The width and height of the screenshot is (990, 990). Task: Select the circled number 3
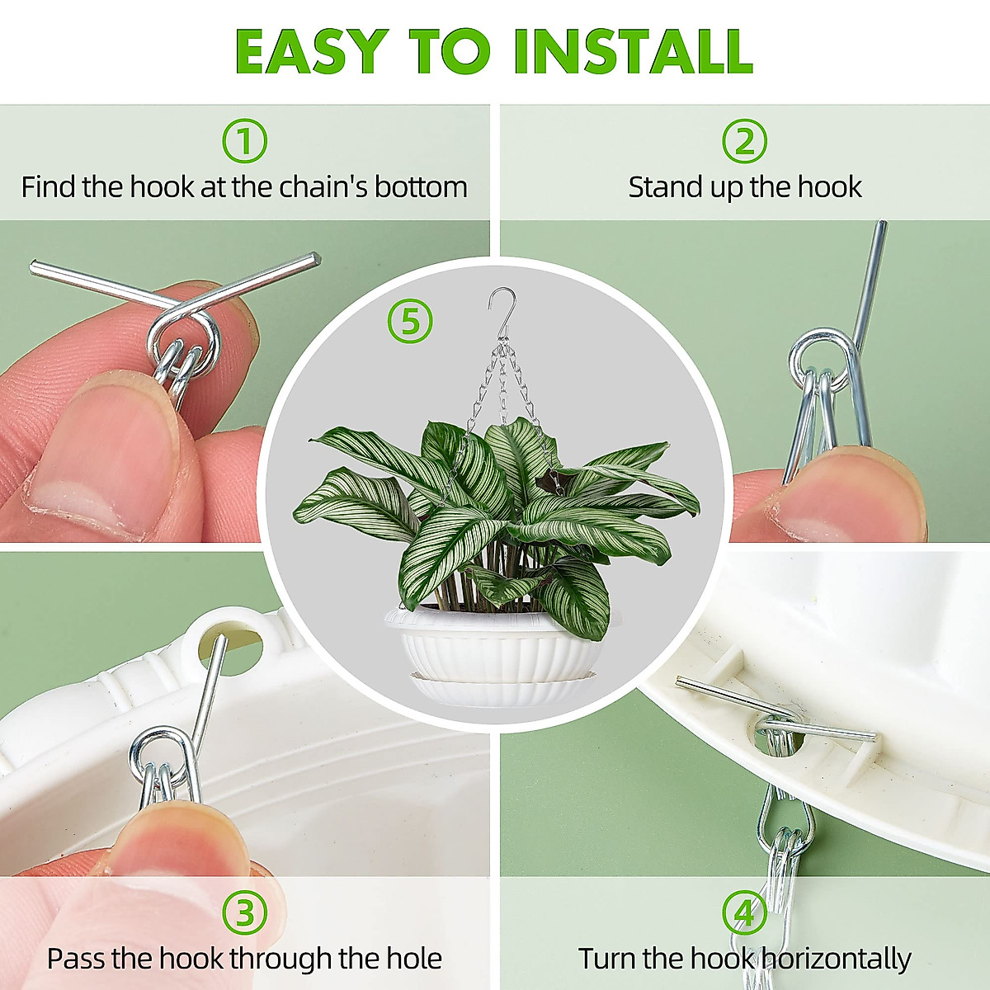245,913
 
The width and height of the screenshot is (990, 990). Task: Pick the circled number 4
744,913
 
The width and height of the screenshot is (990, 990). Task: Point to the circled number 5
410,322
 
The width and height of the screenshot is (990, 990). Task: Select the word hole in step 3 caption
414,959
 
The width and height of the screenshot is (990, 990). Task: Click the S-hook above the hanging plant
501,309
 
